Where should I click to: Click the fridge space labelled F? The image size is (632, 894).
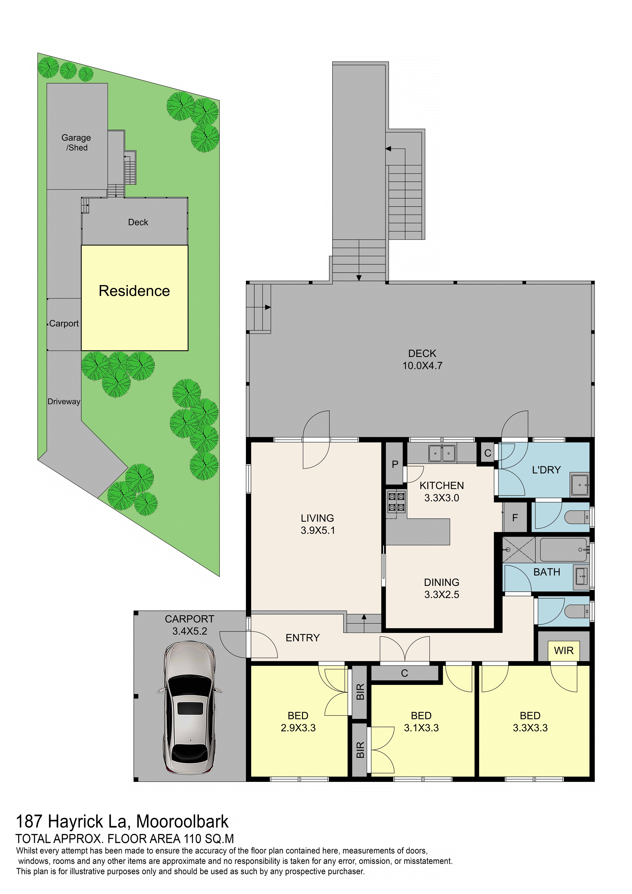515,517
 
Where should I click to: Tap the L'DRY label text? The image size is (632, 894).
546,470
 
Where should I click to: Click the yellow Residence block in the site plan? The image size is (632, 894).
135,298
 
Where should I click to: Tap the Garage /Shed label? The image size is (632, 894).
76,142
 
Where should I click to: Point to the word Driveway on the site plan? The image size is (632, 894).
64,401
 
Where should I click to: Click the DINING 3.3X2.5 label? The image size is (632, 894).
442,588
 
